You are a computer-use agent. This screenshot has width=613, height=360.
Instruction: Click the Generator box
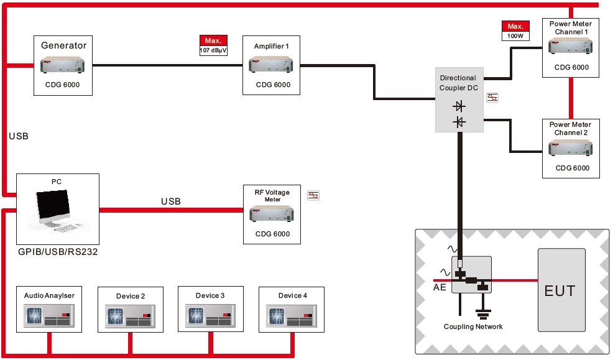(x=63, y=65)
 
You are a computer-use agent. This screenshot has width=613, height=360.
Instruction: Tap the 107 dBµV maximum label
(x=213, y=45)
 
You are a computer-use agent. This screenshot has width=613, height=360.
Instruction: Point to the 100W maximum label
(x=515, y=31)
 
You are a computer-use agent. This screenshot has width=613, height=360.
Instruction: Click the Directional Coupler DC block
(x=459, y=99)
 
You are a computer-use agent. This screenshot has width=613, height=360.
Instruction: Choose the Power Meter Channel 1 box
(x=570, y=47)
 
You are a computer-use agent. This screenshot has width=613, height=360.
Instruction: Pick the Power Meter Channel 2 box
(x=570, y=148)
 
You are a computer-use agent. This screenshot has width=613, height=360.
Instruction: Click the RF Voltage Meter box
(x=272, y=214)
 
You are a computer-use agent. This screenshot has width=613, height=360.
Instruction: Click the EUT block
(x=560, y=290)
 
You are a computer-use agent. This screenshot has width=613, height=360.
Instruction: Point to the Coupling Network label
(x=473, y=326)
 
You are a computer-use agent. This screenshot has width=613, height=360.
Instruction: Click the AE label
(x=439, y=288)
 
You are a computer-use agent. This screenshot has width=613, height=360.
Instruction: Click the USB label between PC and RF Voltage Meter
(x=171, y=201)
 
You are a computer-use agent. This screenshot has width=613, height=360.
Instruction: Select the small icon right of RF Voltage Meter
(x=313, y=195)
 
